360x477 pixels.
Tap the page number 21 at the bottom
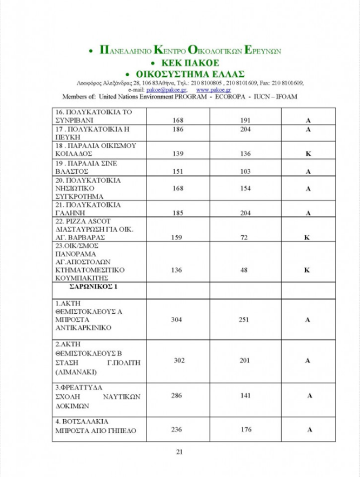click(x=179, y=452)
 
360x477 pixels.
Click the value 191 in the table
click(x=245, y=120)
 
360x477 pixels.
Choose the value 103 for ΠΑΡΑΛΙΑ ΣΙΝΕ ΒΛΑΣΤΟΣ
click(x=245, y=171)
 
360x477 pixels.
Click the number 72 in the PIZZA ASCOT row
click(x=245, y=237)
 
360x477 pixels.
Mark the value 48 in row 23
click(x=245, y=270)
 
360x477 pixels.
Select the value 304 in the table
click(x=177, y=320)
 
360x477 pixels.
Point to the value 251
click(x=244, y=320)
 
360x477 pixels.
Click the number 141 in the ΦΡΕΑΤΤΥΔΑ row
click(x=245, y=396)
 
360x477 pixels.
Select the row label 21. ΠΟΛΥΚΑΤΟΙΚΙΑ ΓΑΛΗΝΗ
click(x=89, y=209)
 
